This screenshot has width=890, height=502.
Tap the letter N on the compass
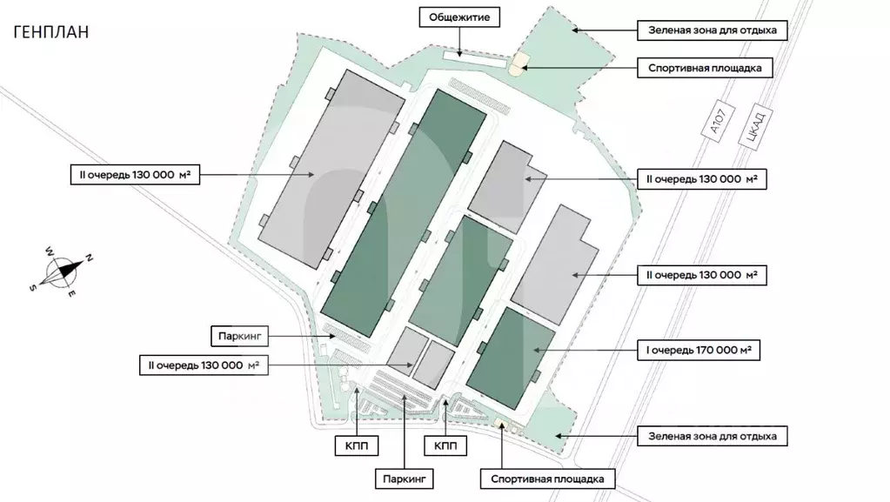89,258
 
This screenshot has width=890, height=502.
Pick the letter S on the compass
33,288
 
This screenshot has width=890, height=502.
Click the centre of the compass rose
61,273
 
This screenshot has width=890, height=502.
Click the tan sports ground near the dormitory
519,64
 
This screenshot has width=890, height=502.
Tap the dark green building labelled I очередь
511,358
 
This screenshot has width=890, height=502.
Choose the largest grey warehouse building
331,170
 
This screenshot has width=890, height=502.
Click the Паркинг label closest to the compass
236,334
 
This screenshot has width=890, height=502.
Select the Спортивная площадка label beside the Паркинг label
547,478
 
